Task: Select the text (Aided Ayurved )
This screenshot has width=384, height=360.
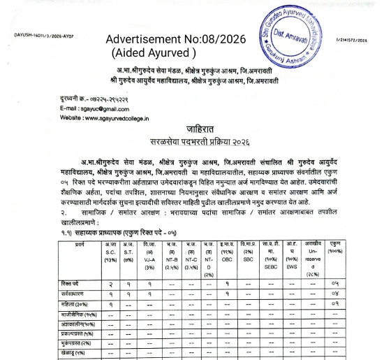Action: [x=154, y=52]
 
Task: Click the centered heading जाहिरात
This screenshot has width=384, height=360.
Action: [x=191, y=133]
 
